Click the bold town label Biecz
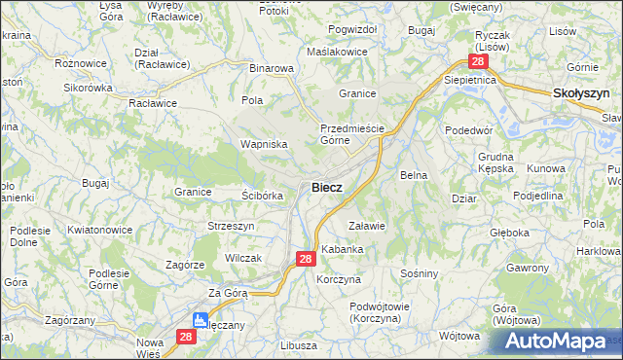[x=326, y=187]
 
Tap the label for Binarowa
[x=272, y=69]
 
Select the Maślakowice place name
[x=336, y=51]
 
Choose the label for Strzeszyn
[x=231, y=226]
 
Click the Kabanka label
[x=343, y=249]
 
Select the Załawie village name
[x=367, y=226]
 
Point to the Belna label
[x=415, y=175]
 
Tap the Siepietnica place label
[x=471, y=79]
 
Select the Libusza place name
[x=298, y=345]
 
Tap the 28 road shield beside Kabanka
[x=305, y=259]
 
